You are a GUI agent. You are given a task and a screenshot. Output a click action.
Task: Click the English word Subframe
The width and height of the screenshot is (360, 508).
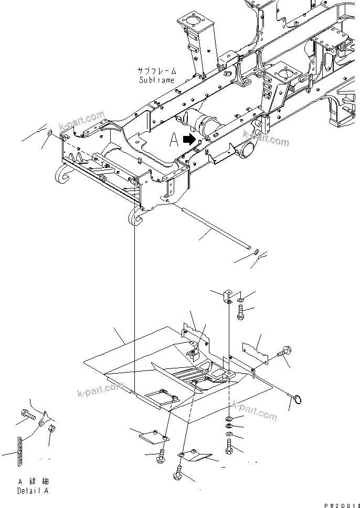pyautogui.click(x=156, y=80)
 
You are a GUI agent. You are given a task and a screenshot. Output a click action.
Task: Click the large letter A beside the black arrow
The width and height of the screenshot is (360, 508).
pyautogui.click(x=174, y=140)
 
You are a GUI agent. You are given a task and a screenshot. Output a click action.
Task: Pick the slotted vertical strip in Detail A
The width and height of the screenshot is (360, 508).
pyautogui.click(x=20, y=450)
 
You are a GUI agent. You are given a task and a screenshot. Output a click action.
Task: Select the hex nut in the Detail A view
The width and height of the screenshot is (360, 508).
pyautogui.click(x=52, y=429)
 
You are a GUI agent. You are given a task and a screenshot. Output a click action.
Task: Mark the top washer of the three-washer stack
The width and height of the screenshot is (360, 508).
pyautogui.click(x=230, y=418)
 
